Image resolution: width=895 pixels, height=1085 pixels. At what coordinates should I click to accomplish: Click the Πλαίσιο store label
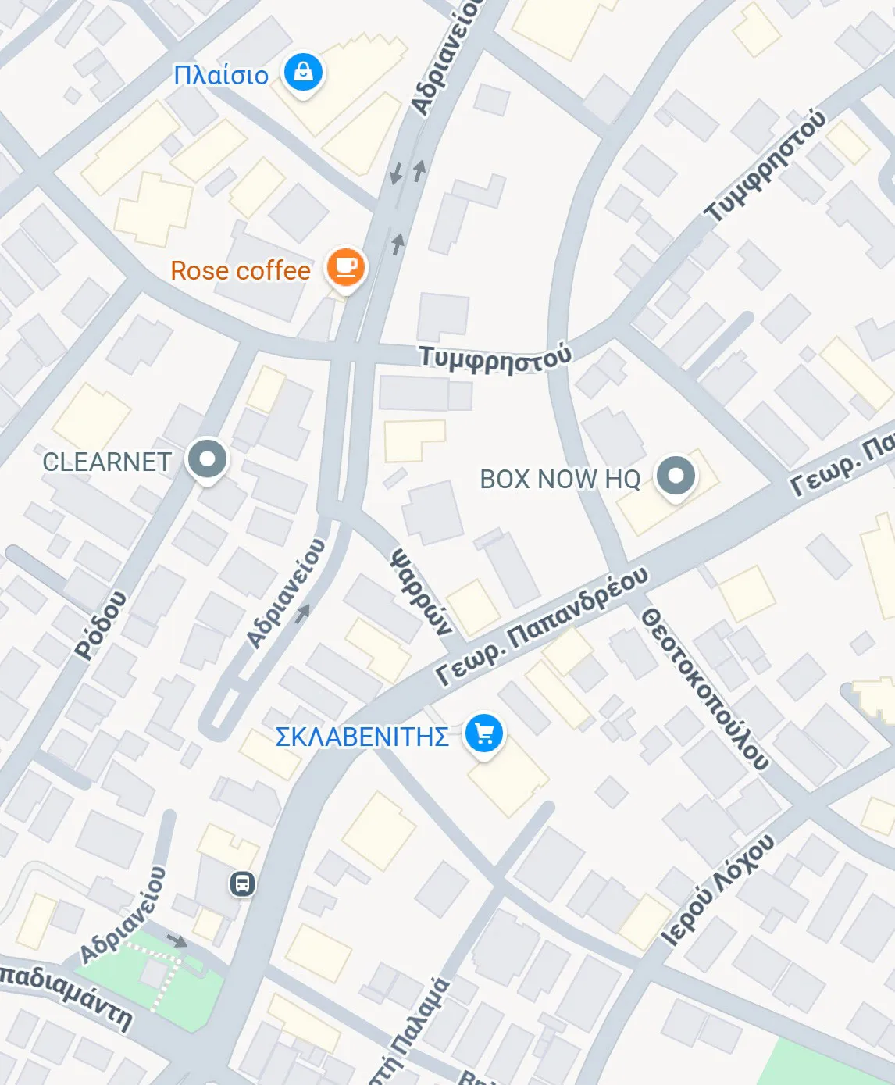pyautogui.click(x=220, y=75)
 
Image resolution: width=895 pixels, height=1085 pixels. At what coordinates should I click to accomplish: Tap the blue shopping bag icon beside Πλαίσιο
pyautogui.click(x=303, y=73)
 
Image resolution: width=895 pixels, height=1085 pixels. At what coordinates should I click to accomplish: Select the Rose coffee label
pyautogui.click(x=241, y=271)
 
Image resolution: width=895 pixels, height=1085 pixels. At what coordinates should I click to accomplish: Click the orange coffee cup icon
pyautogui.click(x=345, y=268)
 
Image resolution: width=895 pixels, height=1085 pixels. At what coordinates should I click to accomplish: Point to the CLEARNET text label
pyautogui.click(x=107, y=462)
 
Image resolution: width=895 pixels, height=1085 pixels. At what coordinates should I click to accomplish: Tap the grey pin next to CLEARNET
pyautogui.click(x=207, y=459)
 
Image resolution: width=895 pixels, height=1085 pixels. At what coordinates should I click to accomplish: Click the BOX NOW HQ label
pyautogui.click(x=560, y=479)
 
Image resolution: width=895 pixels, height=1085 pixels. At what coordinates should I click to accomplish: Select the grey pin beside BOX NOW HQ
pyautogui.click(x=676, y=475)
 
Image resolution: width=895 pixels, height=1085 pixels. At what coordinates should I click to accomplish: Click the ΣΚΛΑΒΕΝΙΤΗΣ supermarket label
pyautogui.click(x=362, y=737)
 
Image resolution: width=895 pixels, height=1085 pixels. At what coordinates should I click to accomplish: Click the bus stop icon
pyautogui.click(x=242, y=884)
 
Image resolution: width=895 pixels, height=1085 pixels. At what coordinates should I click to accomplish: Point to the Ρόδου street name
pyautogui.click(x=101, y=625)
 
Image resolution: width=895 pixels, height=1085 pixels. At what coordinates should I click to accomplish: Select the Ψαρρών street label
pyautogui.click(x=422, y=591)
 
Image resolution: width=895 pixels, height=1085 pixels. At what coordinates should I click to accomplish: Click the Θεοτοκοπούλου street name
pyautogui.click(x=704, y=688)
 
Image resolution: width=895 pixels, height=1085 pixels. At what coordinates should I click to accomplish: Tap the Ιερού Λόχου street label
pyautogui.click(x=718, y=890)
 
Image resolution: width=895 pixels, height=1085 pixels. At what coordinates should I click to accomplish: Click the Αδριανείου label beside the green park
pyautogui.click(x=123, y=914)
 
